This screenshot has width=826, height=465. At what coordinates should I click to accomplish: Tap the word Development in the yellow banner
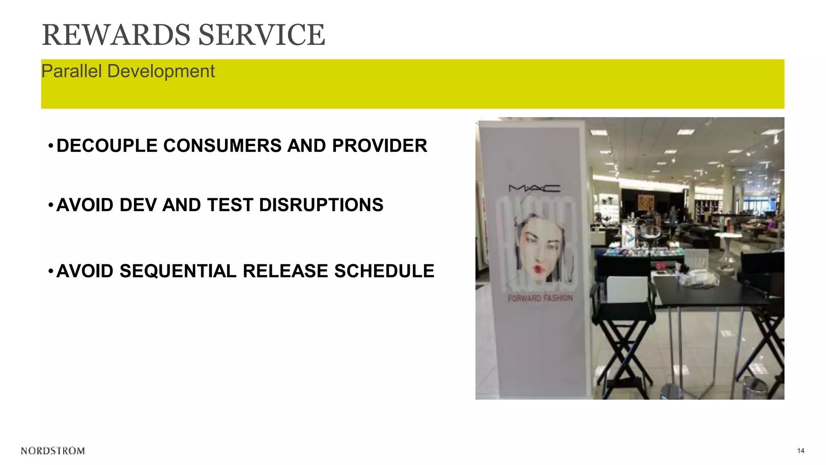pyautogui.click(x=161, y=71)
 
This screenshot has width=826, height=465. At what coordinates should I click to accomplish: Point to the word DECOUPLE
pyautogui.click(x=107, y=146)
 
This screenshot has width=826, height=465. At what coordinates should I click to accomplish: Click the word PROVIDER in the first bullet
pyautogui.click(x=380, y=146)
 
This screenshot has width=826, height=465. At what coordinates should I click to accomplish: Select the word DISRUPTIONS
pyautogui.click(x=321, y=205)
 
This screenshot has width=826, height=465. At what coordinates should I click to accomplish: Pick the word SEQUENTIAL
pyautogui.click(x=178, y=271)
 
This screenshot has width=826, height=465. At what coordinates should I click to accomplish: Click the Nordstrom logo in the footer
pyautogui.click(x=53, y=451)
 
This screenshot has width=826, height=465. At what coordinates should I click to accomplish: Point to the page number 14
pyautogui.click(x=801, y=451)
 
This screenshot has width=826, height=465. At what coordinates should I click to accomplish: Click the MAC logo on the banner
pyautogui.click(x=534, y=188)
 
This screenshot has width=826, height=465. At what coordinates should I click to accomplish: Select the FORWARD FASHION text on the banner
pyautogui.click(x=540, y=298)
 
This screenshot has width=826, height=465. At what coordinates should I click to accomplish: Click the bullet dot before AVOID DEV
pyautogui.click(x=50, y=205)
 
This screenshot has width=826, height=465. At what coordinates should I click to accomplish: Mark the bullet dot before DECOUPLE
pyautogui.click(x=50, y=146)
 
